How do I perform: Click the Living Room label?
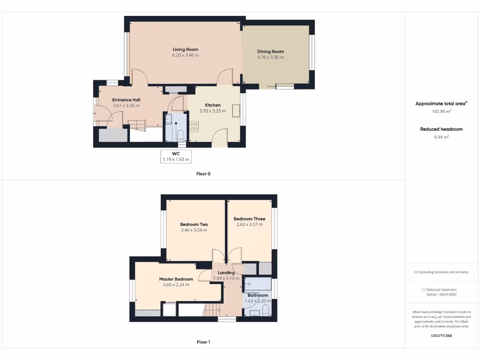click(x=185, y=49)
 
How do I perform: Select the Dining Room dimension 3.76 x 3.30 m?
click(x=270, y=57)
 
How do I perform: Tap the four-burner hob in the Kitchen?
click(x=194, y=126)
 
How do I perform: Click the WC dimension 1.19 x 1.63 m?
click(x=176, y=159)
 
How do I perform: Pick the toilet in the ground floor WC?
click(x=180, y=135)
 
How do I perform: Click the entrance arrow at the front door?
click(x=95, y=112)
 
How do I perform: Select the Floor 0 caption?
click(x=203, y=174)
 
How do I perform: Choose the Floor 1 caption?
click(x=203, y=342)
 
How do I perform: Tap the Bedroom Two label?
click(x=194, y=224)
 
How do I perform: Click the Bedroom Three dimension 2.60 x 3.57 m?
click(x=249, y=225)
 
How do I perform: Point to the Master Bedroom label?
click(x=176, y=279)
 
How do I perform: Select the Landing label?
click(x=226, y=272)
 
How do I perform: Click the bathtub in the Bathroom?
click(x=258, y=284)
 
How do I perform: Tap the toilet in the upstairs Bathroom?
click(x=265, y=311)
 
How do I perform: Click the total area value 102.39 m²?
click(x=441, y=112)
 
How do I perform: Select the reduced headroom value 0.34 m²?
click(x=441, y=137)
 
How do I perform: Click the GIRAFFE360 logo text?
click(x=441, y=336)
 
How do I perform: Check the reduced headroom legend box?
click(x=424, y=290)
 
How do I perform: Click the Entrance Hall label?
click(x=126, y=100)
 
